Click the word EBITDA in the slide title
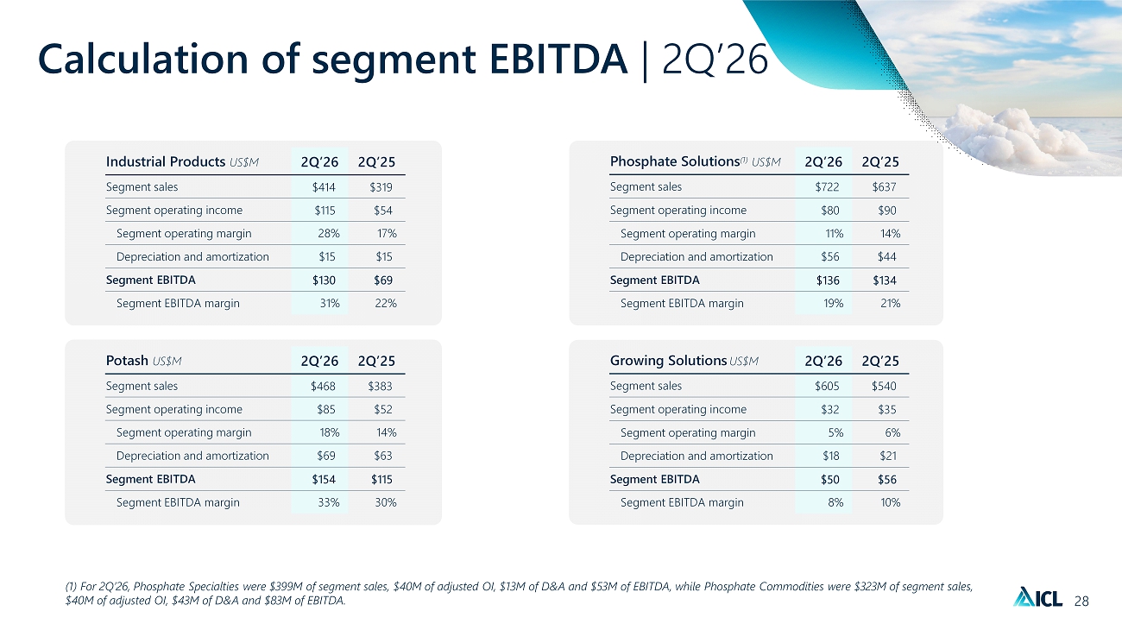tap(558, 59)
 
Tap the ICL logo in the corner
tap(1037, 597)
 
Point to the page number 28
tap(1081, 601)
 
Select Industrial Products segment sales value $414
tap(324, 187)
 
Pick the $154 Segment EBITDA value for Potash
tap(324, 479)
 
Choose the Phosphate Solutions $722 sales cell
tap(827, 187)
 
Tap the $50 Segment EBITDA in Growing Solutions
tap(830, 479)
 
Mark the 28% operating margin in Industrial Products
tap(329, 233)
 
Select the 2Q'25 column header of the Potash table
tap(376, 361)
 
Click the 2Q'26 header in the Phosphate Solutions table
tap(823, 161)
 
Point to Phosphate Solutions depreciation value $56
tap(830, 257)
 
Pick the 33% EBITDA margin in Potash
tap(329, 502)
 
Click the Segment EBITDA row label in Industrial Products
tap(151, 280)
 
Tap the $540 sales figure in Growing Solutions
tap(884, 386)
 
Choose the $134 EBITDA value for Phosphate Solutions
tap(885, 280)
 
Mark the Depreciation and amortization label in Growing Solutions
tap(697, 456)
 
